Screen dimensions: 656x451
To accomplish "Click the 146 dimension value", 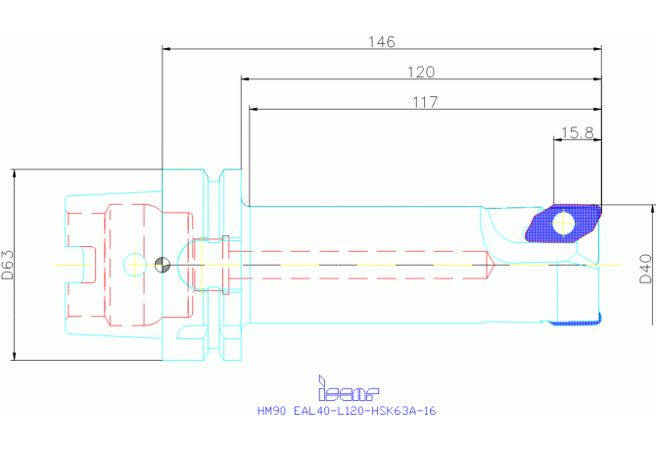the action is click(x=381, y=42).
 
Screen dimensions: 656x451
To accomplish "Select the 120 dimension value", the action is click(x=421, y=72).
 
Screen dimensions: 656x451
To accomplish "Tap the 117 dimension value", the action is click(x=425, y=102).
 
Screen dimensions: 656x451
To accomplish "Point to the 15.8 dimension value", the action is click(x=577, y=132).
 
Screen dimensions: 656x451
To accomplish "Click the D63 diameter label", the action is click(x=8, y=265).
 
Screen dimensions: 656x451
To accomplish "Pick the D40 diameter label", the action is click(x=646, y=270).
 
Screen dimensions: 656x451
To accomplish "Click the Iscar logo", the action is click(x=349, y=388).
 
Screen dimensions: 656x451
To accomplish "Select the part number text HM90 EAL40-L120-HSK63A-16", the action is click(x=347, y=411).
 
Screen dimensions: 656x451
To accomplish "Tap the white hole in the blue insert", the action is click(x=564, y=224).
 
